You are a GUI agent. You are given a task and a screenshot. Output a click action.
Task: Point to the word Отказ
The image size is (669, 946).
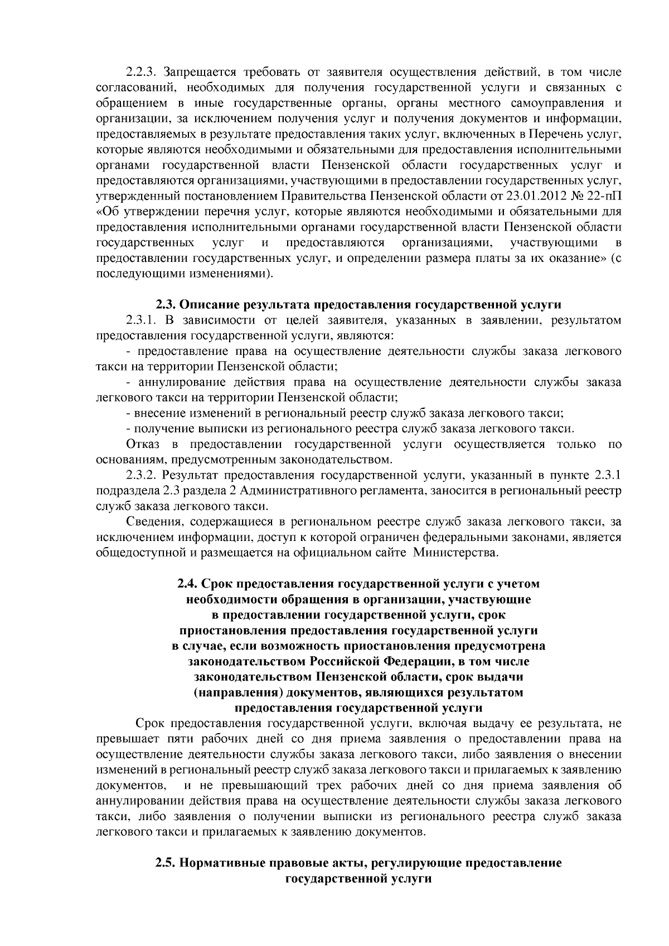pos(143,444)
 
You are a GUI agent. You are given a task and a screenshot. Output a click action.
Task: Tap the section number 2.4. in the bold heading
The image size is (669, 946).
pos(187,584)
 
